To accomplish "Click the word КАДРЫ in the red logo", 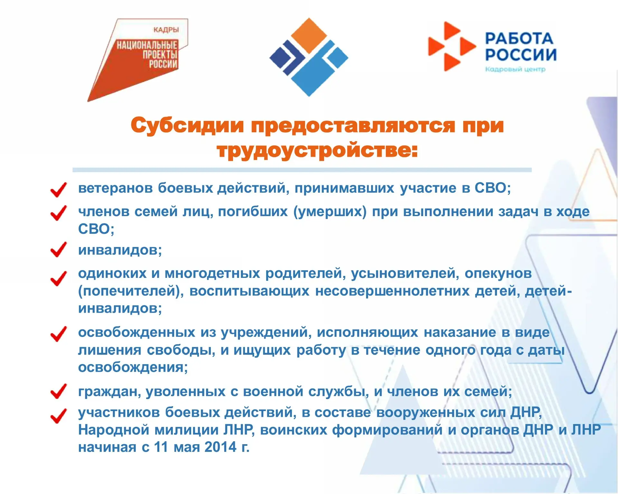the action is tap(166, 30).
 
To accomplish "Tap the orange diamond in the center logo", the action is tap(309, 36).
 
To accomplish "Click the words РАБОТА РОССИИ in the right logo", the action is tap(521, 47).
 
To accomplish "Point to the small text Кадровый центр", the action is tap(515, 69).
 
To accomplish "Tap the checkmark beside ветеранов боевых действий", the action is tap(59, 190).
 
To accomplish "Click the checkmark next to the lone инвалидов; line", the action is tap(59, 250).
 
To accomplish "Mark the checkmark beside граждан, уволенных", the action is tap(59, 391).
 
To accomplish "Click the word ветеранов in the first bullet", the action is tap(116, 188).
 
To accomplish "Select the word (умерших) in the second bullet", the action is tap(330, 212).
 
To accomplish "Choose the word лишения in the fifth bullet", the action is tap(110, 350).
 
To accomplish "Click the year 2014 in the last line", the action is tap(220, 447).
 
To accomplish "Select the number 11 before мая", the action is tap(161, 447).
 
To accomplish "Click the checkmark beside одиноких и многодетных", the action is tap(59, 279).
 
